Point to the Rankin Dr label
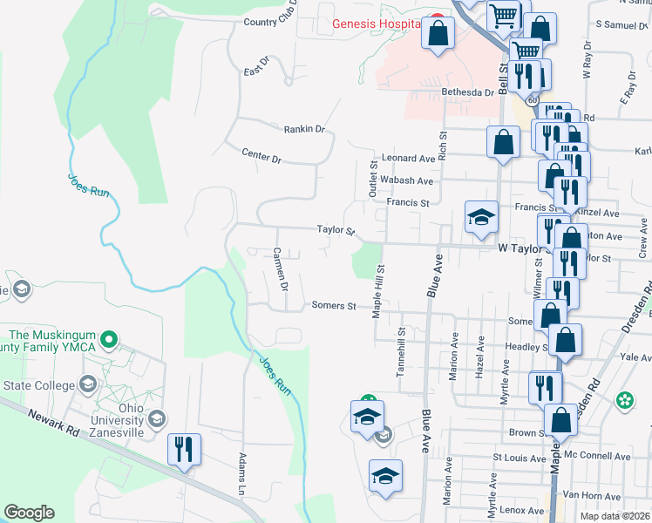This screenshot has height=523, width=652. pyautogui.click(x=304, y=129)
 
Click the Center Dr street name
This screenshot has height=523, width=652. pyautogui.click(x=261, y=157)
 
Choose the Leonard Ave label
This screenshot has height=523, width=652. pyautogui.click(x=408, y=159)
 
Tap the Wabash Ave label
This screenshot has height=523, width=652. pyautogui.click(x=407, y=180)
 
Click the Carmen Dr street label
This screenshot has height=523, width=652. pyautogui.click(x=280, y=269)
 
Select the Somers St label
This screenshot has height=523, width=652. pyautogui.click(x=334, y=306)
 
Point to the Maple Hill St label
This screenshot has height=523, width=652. pyautogui.click(x=378, y=292)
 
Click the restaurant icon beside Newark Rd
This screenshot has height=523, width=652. pyautogui.click(x=185, y=450)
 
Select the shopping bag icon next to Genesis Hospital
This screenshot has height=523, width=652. pyautogui.click(x=438, y=33)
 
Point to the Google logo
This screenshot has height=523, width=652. pyautogui.click(x=29, y=513)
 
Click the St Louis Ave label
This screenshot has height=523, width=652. pyautogui.click(x=520, y=456)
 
